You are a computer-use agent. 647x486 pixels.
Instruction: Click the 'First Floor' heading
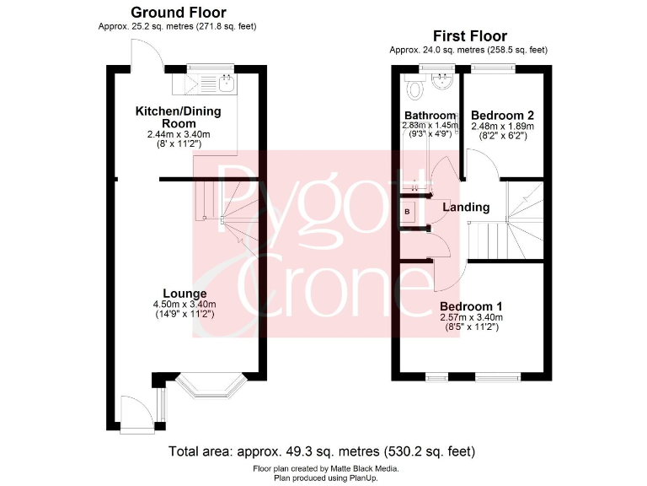(469, 35)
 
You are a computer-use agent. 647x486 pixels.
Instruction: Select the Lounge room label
(185, 294)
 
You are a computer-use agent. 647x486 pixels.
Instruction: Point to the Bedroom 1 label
(471, 306)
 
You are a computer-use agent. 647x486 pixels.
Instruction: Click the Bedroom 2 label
(502, 116)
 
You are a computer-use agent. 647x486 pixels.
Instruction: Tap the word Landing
(466, 207)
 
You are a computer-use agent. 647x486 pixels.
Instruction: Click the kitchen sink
(225, 83)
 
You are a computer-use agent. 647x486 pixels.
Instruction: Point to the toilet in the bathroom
(414, 89)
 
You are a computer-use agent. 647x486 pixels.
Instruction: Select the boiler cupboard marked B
(408, 211)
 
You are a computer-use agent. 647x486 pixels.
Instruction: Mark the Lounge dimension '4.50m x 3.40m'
(184, 305)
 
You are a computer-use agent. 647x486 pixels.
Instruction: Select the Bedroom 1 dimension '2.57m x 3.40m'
(471, 317)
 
